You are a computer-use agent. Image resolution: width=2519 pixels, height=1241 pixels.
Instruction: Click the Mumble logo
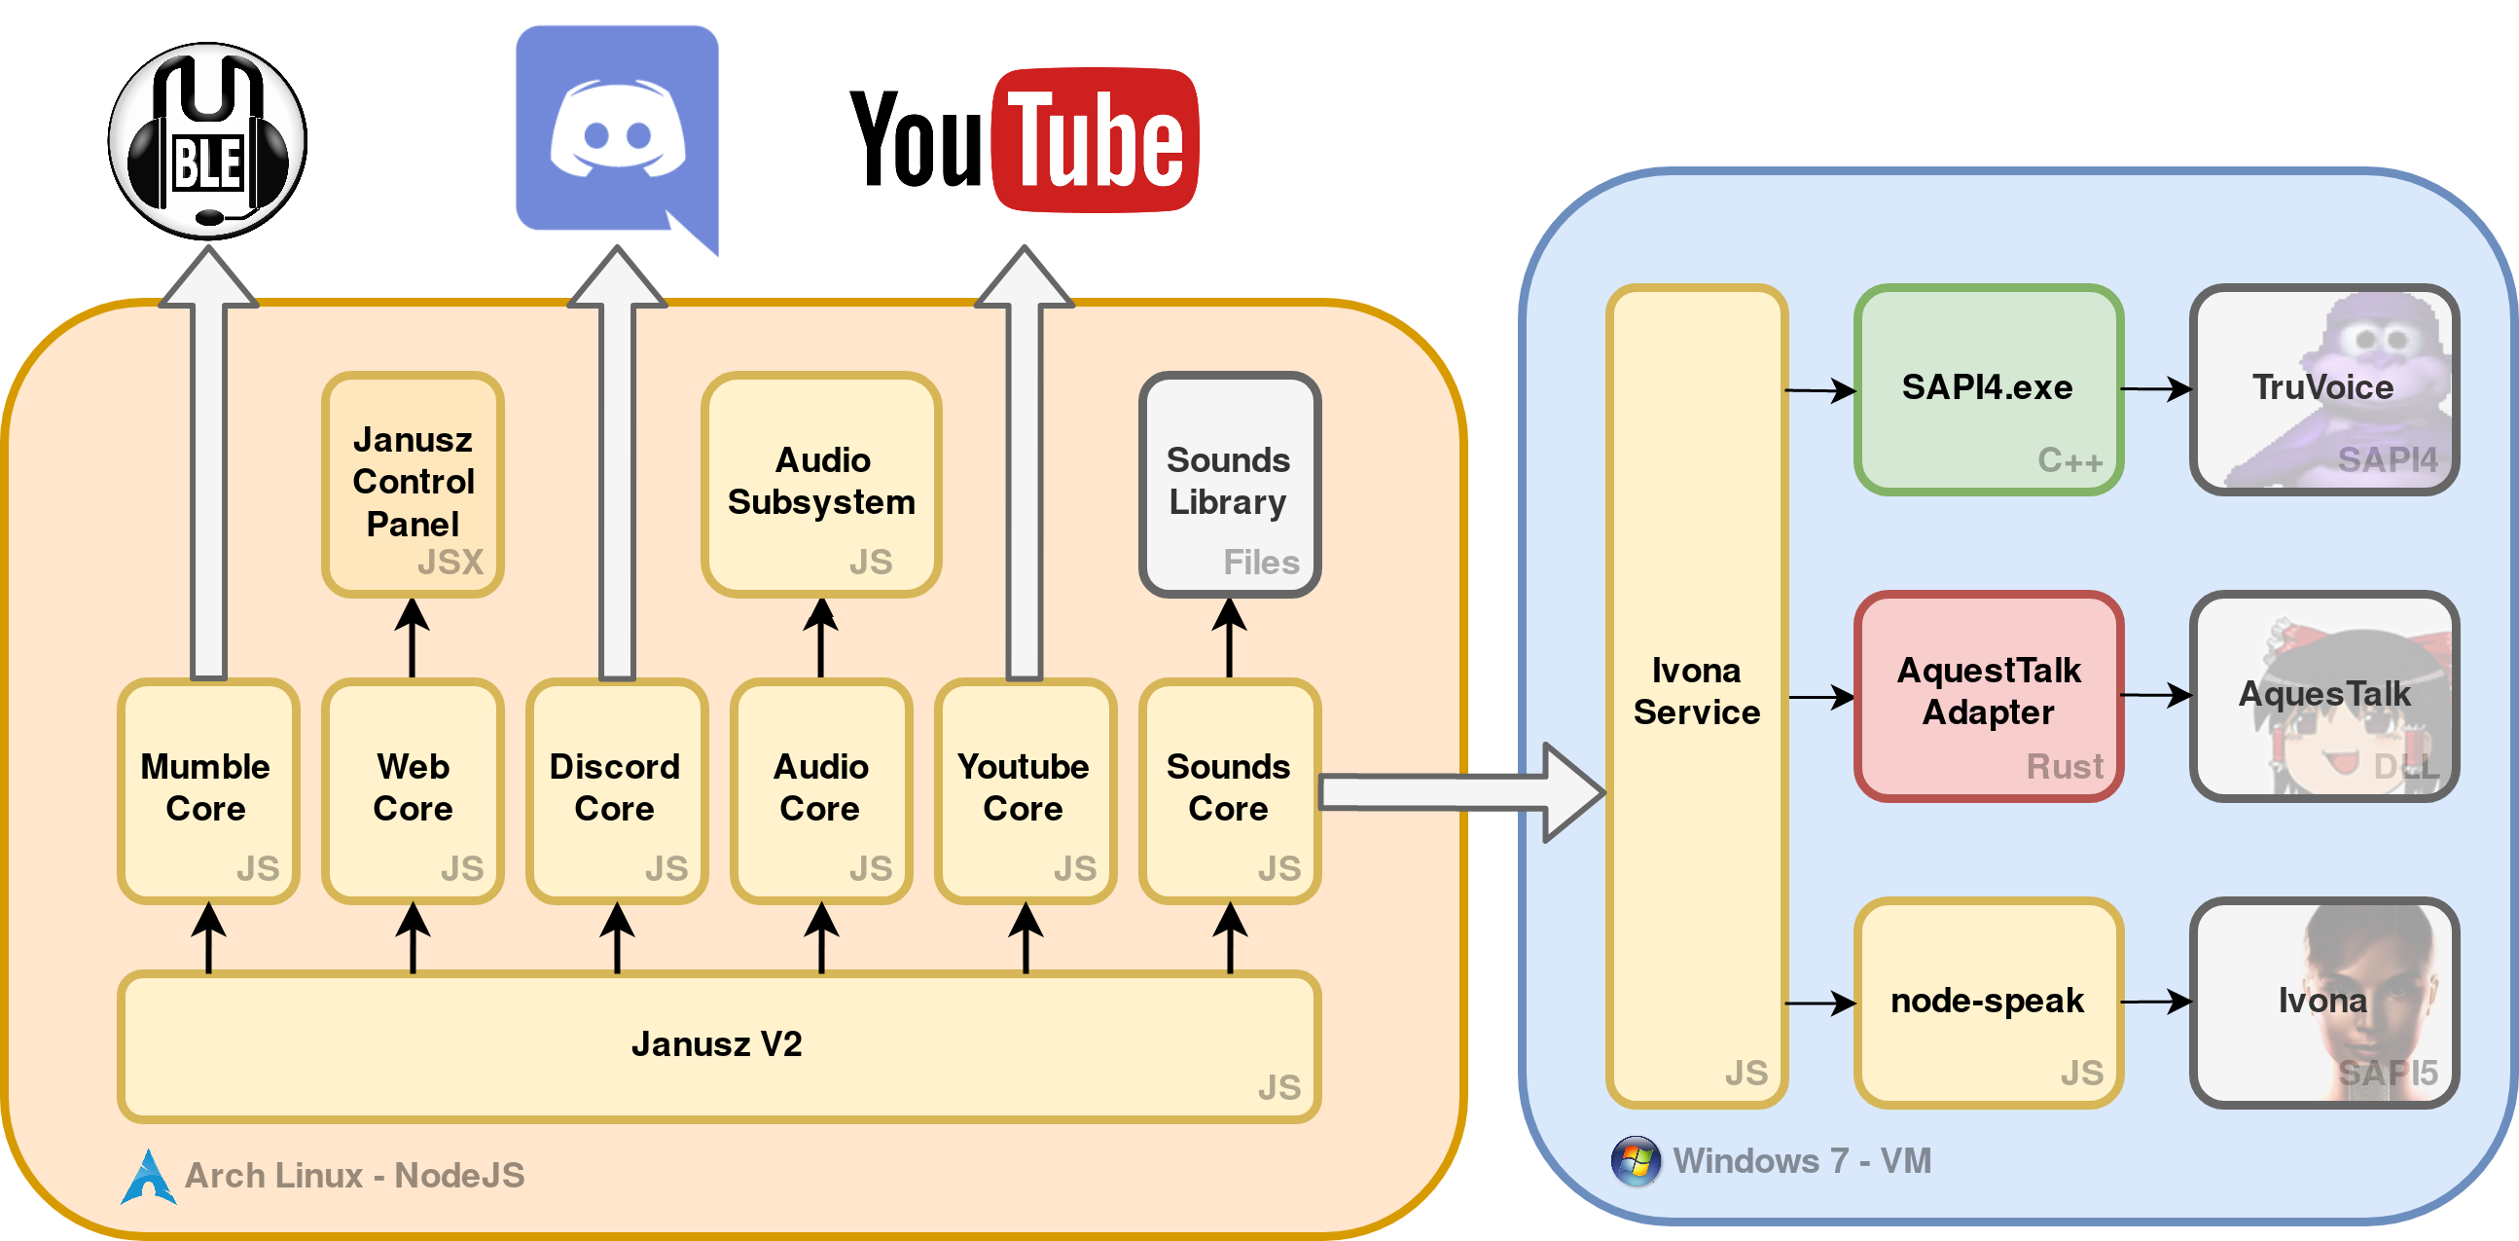(x=206, y=140)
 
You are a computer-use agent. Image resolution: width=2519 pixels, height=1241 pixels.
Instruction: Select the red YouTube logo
(x=1095, y=140)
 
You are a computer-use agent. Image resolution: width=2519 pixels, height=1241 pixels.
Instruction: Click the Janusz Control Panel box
(x=412, y=484)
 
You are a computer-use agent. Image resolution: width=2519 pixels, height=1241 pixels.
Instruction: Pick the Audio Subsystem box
(x=820, y=484)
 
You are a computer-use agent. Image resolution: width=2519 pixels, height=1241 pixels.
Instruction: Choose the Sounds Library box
(x=1229, y=484)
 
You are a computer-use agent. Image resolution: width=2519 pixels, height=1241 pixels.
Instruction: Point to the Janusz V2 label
(x=717, y=1044)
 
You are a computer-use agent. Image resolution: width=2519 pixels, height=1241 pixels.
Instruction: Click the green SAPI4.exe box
(x=1987, y=389)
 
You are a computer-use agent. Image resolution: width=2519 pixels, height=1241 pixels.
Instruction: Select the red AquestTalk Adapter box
(x=1987, y=695)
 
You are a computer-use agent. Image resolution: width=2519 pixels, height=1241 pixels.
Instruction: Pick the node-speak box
(x=1987, y=1003)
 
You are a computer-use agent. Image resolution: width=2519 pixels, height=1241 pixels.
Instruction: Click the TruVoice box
(x=2323, y=389)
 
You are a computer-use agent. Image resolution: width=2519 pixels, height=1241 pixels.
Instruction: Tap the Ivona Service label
(x=1696, y=691)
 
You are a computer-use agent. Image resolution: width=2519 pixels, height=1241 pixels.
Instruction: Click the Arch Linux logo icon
(x=149, y=1177)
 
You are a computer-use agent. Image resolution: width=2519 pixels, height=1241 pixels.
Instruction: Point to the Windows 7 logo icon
(x=1635, y=1161)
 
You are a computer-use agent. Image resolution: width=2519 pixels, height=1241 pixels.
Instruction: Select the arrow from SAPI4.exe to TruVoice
(x=2155, y=389)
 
